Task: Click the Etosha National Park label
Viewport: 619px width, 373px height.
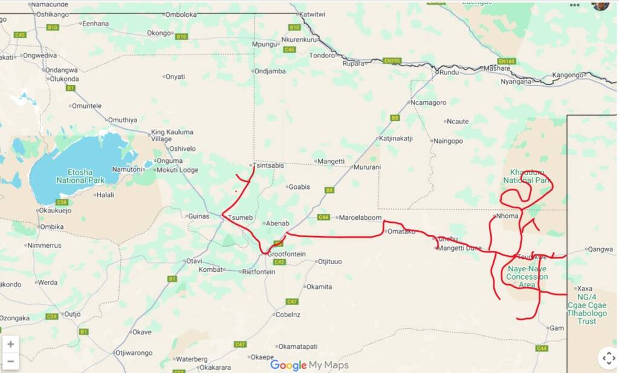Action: click(x=80, y=176)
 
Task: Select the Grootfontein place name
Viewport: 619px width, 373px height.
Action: click(x=287, y=254)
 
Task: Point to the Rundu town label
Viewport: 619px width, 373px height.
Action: click(x=449, y=73)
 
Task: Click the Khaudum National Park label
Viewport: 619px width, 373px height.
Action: click(x=527, y=176)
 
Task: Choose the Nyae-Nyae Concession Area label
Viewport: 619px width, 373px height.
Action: click(x=527, y=277)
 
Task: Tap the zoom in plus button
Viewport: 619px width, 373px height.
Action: click(x=10, y=344)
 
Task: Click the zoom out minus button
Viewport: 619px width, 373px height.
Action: click(x=10, y=361)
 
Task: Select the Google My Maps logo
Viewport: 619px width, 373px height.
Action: click(x=309, y=365)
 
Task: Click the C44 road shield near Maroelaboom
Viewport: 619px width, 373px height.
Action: click(x=323, y=217)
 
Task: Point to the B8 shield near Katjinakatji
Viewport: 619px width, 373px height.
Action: click(x=395, y=118)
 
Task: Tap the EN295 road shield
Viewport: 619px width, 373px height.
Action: click(x=392, y=61)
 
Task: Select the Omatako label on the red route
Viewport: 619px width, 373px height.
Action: click(x=401, y=231)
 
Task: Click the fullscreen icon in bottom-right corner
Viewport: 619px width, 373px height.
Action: click(x=607, y=357)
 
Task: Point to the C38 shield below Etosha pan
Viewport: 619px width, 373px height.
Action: click(x=62, y=202)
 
